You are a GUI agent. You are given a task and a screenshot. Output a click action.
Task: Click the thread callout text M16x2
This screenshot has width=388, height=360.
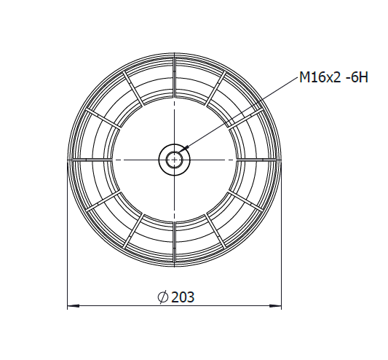320,77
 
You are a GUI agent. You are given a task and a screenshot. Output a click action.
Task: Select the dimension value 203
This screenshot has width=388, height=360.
183,297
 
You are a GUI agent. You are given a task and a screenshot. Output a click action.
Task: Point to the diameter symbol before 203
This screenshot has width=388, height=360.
163,297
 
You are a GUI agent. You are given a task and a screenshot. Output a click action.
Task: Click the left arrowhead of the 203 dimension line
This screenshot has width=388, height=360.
74,306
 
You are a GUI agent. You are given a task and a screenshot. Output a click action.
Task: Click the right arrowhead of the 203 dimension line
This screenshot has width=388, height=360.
275,306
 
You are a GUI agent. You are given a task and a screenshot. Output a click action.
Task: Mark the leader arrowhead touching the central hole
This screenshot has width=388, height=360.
185,149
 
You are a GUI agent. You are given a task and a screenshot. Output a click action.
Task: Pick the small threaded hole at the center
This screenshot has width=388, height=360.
175,160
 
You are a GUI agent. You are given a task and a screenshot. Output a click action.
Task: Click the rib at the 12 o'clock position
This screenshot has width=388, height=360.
174,77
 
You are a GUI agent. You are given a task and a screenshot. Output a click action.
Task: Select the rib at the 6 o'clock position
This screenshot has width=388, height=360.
174,243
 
